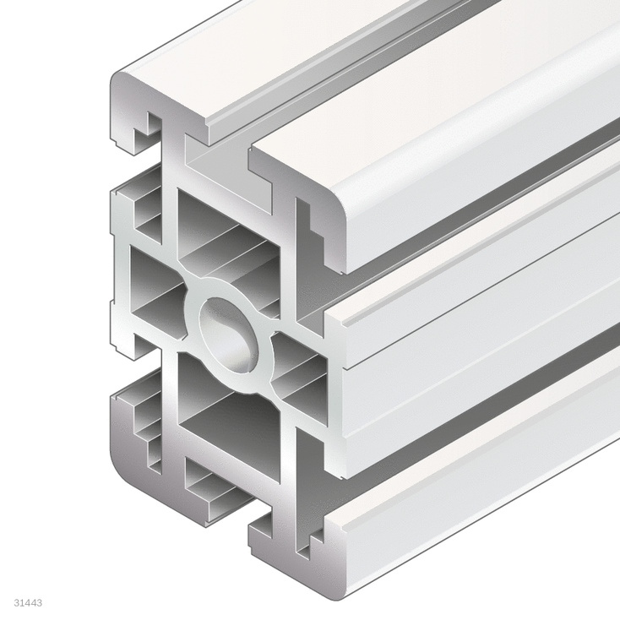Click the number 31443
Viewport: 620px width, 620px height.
coord(29,603)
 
